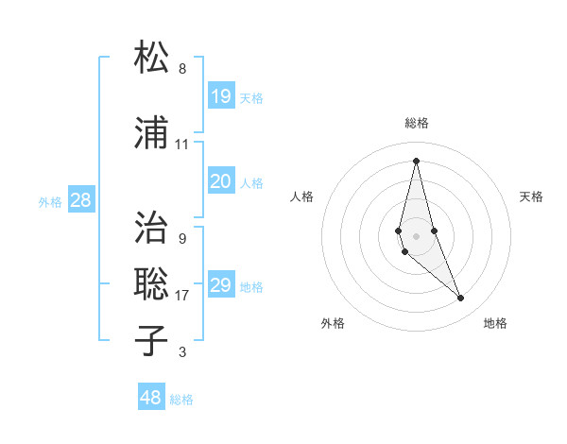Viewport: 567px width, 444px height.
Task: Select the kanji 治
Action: (152, 227)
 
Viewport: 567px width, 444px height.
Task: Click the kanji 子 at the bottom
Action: (152, 340)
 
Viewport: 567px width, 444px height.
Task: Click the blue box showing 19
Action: (220, 96)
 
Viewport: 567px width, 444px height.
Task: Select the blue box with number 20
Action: (220, 181)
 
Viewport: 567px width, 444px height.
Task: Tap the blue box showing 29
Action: (220, 285)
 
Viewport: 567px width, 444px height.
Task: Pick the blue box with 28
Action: (80, 200)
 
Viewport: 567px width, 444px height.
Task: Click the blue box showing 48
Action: (150, 398)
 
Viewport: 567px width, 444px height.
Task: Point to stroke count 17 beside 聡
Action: (181, 296)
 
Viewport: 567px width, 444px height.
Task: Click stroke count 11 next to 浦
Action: (181, 145)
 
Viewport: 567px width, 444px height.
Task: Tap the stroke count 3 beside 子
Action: (181, 352)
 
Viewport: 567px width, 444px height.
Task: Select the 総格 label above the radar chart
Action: (417, 123)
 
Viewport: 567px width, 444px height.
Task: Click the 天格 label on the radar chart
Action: (531, 196)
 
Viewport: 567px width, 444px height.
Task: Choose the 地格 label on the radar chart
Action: (495, 323)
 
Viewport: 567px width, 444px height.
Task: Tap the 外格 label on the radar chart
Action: (333, 323)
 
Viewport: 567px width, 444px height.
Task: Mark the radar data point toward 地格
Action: (461, 299)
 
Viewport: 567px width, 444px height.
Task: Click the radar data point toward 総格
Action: (416, 160)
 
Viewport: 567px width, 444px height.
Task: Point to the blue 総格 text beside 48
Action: (181, 400)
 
